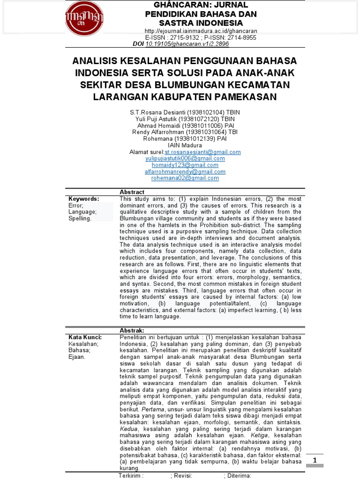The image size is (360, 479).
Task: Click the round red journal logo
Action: coord(84,19)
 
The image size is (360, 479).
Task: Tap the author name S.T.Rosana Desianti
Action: coord(160,113)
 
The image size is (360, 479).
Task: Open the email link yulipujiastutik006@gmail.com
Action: coord(185,159)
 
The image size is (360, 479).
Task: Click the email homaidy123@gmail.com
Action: coord(185,165)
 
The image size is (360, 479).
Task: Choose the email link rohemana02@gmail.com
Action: coord(185,178)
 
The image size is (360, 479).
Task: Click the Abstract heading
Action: coord(132,192)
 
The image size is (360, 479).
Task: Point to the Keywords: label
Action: coord(84,199)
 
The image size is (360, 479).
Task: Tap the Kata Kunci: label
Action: coord(85,337)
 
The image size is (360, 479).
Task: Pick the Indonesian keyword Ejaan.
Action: coord(77,357)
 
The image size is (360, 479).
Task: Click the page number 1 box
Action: coord(315,460)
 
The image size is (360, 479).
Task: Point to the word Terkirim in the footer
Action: coord(131,475)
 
